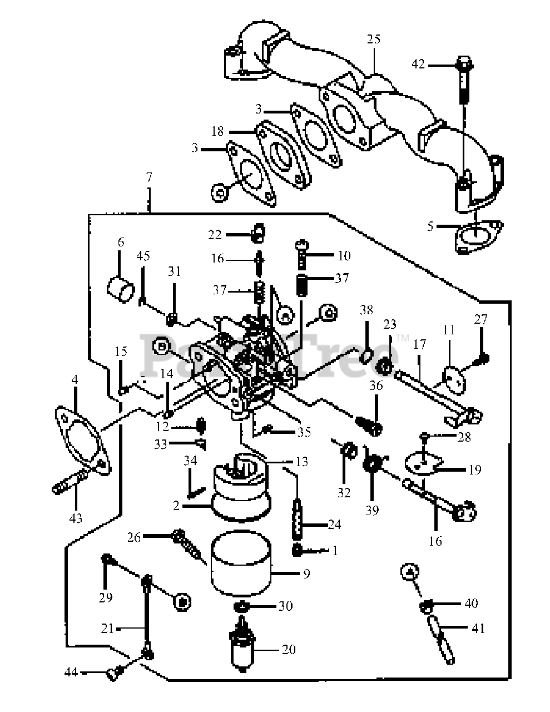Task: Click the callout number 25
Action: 374,39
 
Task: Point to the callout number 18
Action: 217,131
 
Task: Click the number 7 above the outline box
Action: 148,178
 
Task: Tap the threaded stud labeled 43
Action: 70,482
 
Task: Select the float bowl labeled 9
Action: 241,561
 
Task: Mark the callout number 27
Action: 480,320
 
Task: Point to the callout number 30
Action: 285,606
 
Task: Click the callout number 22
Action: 215,235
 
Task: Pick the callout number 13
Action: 302,462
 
